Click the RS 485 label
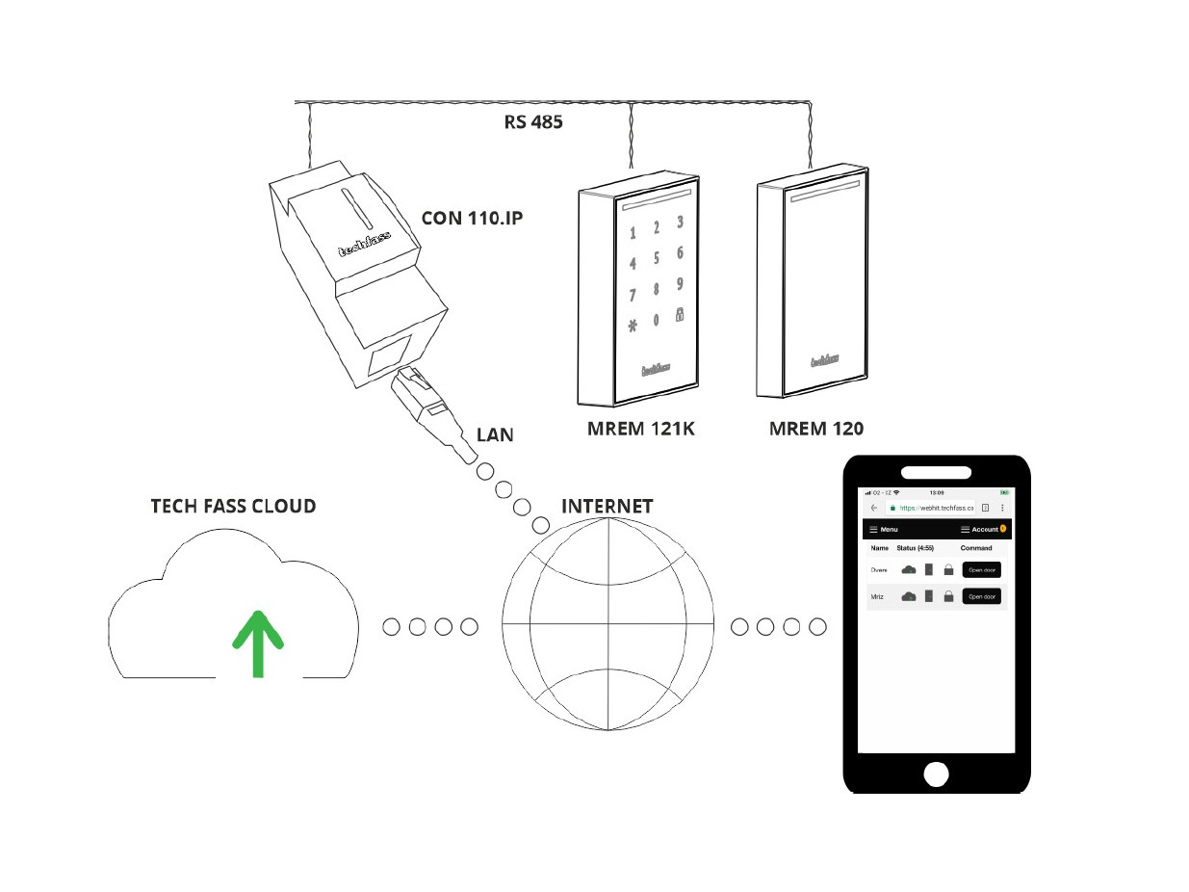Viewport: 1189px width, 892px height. tap(532, 122)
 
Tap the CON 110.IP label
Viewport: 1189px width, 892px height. tap(473, 218)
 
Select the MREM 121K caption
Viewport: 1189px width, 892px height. tap(640, 429)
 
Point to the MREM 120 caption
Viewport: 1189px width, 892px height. tap(815, 429)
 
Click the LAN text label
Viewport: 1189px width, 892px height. tap(495, 434)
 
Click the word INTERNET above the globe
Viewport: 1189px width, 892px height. tap(607, 506)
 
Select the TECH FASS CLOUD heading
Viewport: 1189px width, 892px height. tap(233, 506)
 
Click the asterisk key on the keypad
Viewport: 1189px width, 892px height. tap(633, 326)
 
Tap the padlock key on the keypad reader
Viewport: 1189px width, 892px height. tap(680, 315)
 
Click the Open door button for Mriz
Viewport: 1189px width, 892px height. tap(981, 596)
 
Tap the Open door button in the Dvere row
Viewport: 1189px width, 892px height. tap(981, 569)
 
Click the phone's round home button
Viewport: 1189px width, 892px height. tap(936, 774)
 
